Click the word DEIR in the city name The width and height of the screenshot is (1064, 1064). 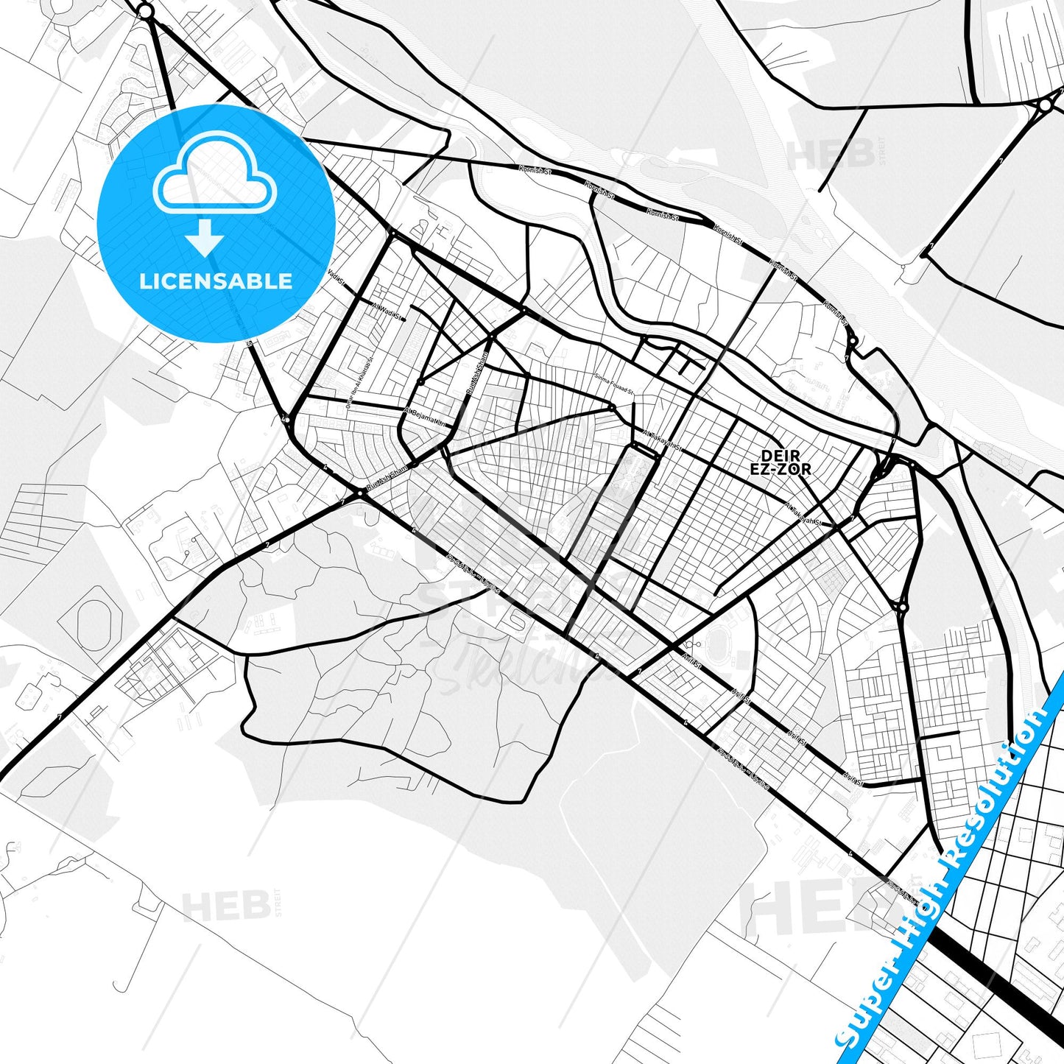click(780, 457)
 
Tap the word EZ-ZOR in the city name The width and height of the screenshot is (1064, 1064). click(780, 469)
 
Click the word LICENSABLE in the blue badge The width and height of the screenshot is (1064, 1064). click(216, 281)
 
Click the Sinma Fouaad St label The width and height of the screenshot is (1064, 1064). click(615, 384)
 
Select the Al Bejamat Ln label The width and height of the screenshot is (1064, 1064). click(425, 417)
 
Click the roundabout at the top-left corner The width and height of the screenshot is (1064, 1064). click(146, 11)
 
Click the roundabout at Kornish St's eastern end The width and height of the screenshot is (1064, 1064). click(852, 343)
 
